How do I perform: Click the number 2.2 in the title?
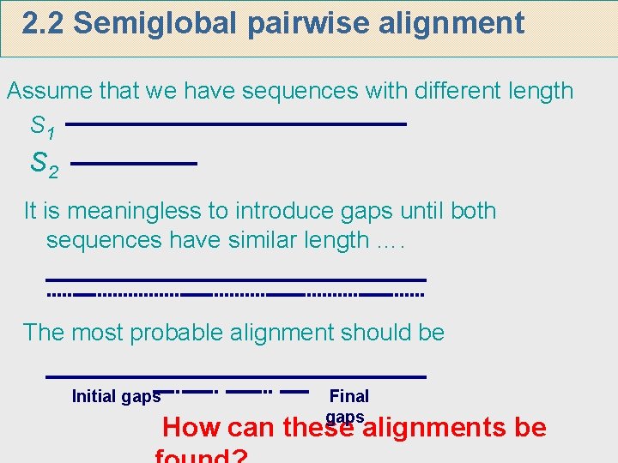pos(44,24)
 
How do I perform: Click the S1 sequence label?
pos(43,128)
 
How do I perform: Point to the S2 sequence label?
pos(45,163)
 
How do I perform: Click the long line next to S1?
pos(235,125)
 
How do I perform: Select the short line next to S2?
pos(134,163)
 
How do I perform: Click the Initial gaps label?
pos(116,396)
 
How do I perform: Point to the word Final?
pos(349,396)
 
